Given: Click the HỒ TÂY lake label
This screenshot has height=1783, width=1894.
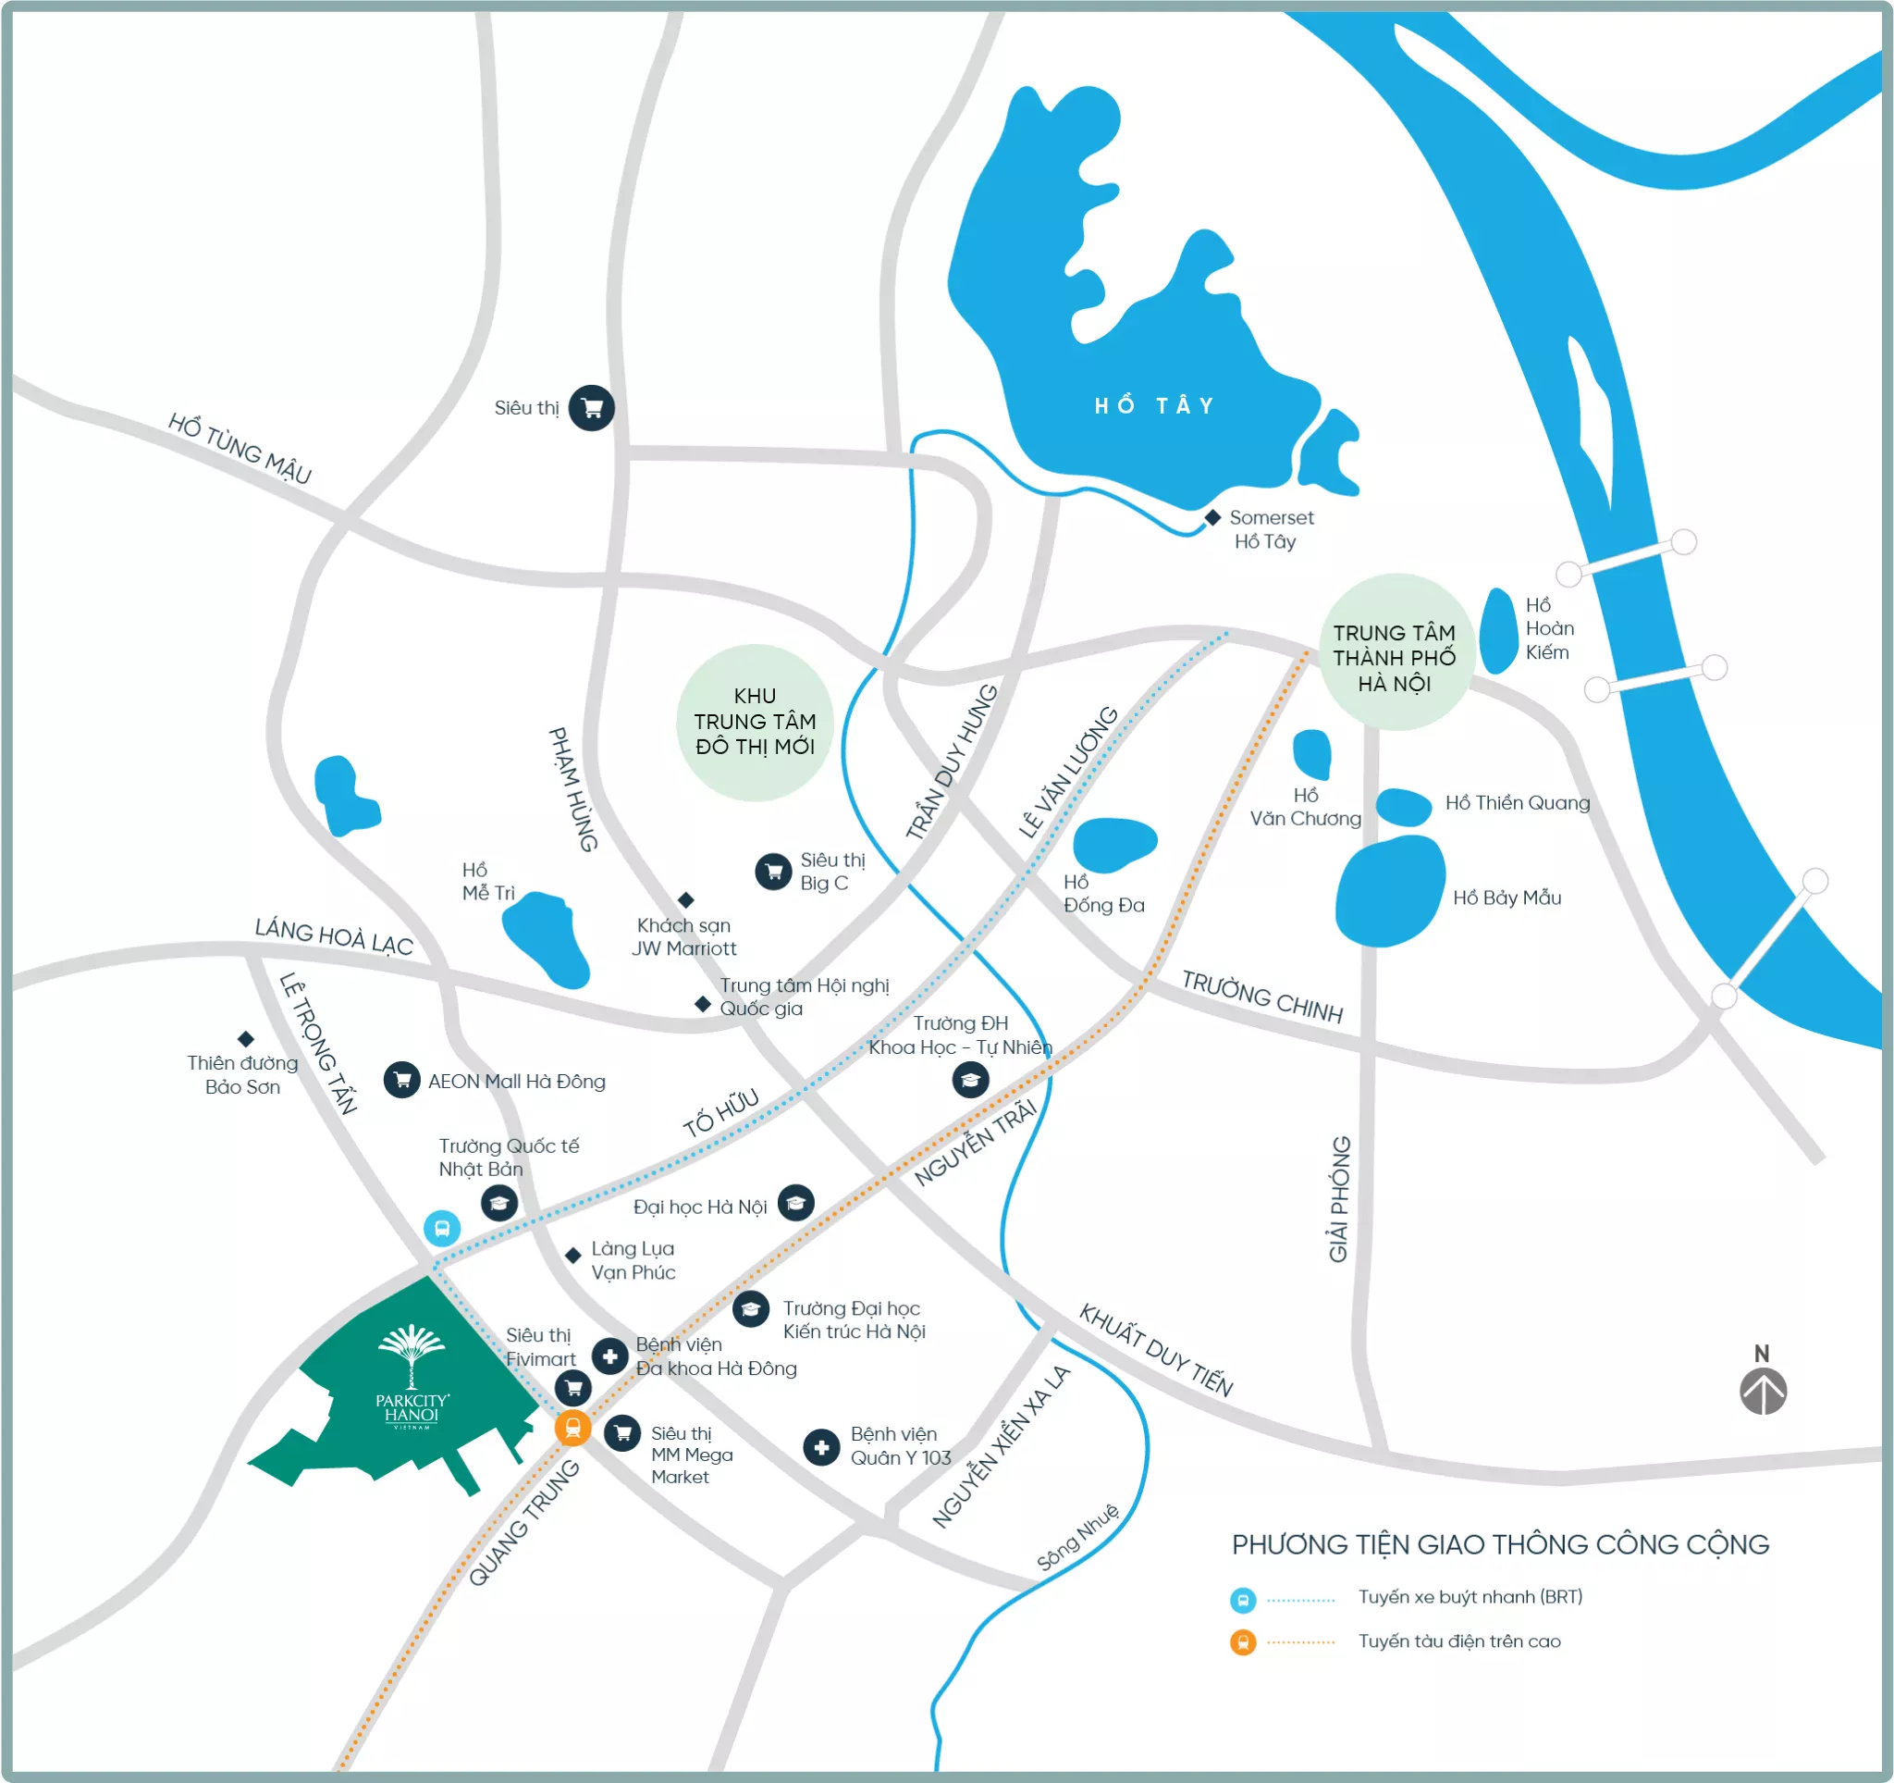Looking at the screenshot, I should (1154, 407).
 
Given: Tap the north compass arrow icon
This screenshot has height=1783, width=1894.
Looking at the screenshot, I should (1763, 1393).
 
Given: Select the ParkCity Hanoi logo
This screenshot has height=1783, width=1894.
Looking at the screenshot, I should (412, 1377).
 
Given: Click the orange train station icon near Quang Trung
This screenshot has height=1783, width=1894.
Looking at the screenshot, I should (572, 1428).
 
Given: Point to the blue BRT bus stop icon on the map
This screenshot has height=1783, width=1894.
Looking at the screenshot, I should (442, 1229).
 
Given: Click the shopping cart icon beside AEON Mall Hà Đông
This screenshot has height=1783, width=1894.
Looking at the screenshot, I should (402, 1081).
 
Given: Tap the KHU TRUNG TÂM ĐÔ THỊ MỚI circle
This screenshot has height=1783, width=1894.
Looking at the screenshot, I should (755, 723).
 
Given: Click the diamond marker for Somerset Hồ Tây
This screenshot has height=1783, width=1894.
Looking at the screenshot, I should (1212, 517).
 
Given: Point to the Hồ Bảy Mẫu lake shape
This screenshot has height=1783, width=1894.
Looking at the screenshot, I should (1389, 892).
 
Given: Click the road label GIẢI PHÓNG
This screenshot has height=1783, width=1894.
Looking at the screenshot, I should (1339, 1200).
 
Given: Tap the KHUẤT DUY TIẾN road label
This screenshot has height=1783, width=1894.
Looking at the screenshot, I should (1156, 1350).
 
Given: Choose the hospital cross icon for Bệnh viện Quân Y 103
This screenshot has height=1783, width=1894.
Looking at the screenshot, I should (821, 1446).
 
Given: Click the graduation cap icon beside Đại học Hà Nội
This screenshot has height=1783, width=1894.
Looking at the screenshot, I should (795, 1204).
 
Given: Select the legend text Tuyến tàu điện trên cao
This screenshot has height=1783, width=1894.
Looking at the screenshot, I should (1458, 1641).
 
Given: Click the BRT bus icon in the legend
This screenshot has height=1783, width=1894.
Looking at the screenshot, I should (1242, 1600).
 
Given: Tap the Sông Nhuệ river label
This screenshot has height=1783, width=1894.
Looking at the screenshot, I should (1077, 1538).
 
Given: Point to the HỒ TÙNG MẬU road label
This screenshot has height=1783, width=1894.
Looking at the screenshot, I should (240, 448).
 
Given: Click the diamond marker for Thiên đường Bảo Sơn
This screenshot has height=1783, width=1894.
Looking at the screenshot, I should (246, 1038).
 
